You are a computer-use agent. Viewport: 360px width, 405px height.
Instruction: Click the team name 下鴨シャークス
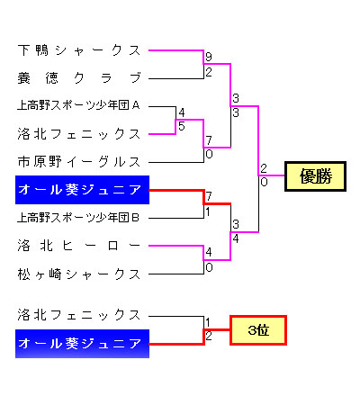click(x=79, y=50)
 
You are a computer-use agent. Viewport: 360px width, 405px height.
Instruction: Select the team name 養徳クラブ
click(x=79, y=78)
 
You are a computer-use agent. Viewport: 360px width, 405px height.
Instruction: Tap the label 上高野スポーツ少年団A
click(x=78, y=105)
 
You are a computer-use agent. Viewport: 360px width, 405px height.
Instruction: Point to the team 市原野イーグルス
click(x=79, y=162)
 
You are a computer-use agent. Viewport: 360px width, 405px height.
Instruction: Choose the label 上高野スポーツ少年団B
click(x=78, y=218)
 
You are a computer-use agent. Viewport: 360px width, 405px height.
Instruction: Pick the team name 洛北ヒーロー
click(x=79, y=246)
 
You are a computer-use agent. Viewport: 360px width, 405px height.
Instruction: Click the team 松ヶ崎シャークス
click(x=79, y=274)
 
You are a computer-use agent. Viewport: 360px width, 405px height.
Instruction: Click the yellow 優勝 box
click(x=315, y=176)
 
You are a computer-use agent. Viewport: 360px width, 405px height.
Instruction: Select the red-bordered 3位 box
click(x=258, y=330)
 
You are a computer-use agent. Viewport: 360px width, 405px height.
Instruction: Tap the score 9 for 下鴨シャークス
click(x=209, y=57)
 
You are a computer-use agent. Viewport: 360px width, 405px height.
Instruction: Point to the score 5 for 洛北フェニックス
click(x=181, y=126)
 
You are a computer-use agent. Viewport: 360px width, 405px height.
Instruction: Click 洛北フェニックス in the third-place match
click(x=79, y=315)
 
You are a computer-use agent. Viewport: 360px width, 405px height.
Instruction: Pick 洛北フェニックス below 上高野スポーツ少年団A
click(x=79, y=134)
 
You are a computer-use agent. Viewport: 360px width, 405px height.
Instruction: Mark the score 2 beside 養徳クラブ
click(x=209, y=72)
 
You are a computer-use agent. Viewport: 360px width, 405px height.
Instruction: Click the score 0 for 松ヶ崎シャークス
click(x=209, y=267)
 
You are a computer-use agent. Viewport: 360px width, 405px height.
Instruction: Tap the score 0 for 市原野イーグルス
click(x=209, y=154)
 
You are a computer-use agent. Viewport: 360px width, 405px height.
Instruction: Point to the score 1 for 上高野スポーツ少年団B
click(x=208, y=211)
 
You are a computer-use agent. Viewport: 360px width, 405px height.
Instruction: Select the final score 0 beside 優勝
click(x=264, y=182)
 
